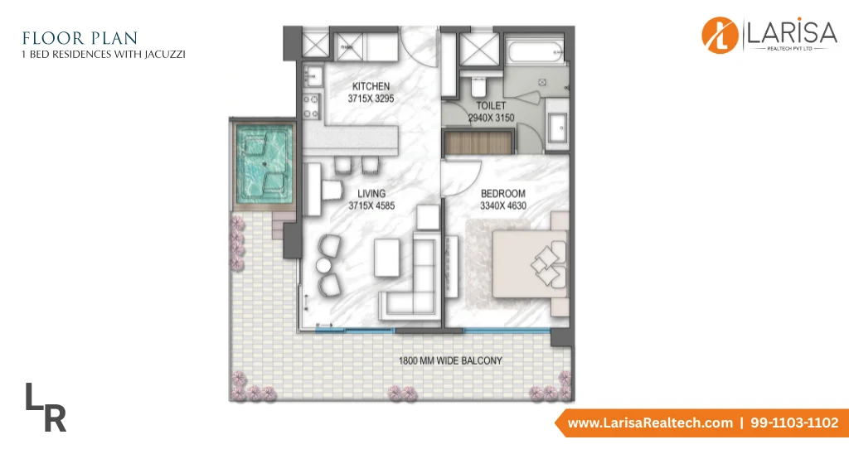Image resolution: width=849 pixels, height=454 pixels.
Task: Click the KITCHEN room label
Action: pos(371,87)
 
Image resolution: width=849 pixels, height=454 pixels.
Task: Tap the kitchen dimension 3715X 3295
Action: pos(371,99)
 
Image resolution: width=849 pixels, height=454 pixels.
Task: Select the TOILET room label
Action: pos(491,105)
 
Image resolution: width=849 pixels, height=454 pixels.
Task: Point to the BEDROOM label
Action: pos(503,193)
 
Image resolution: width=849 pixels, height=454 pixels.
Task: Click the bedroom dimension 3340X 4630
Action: pos(503,205)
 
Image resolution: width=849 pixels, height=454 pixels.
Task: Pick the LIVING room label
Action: pos(371,193)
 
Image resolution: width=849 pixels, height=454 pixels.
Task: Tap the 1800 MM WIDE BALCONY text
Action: pos(450,360)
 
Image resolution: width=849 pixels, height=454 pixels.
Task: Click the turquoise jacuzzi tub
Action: pos(264,164)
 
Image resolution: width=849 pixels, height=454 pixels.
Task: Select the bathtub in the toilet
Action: pos(536,52)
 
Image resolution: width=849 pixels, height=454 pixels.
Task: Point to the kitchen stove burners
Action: pos(311,107)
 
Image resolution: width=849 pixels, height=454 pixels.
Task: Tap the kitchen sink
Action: pos(313,76)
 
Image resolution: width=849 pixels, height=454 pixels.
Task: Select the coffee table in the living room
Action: pos(387,258)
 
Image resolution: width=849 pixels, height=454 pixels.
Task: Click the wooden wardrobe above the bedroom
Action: pos(478,143)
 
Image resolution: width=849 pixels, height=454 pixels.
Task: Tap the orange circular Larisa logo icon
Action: pos(720,36)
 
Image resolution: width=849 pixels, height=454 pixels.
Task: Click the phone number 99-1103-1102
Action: pos(794,423)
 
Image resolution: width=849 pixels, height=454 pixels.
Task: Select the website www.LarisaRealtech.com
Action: pos(650,423)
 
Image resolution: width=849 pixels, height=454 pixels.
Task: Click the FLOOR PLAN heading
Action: pos(80,38)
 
